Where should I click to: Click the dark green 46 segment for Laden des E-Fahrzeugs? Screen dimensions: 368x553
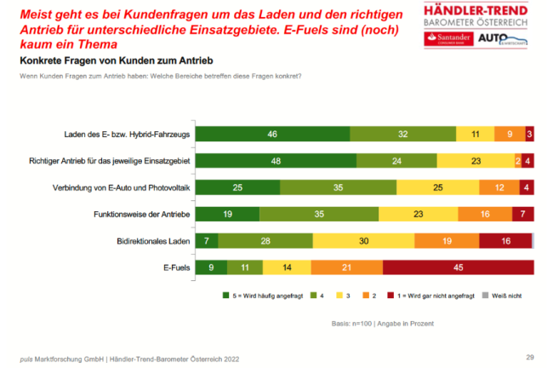coord(273,134)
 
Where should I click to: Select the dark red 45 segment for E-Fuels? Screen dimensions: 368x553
coord(459,267)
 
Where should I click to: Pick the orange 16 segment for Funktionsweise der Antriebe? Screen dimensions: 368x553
coord(484,214)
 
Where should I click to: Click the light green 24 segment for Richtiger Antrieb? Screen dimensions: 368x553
coord(396,160)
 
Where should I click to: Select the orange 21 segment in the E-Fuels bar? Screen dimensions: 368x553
coord(348,267)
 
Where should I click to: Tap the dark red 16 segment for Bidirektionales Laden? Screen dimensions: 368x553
coord(505,241)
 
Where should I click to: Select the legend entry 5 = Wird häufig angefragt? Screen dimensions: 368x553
coord(259,297)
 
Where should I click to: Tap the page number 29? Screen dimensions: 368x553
coord(528,355)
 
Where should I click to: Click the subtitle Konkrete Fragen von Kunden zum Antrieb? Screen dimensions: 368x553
coord(116,62)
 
